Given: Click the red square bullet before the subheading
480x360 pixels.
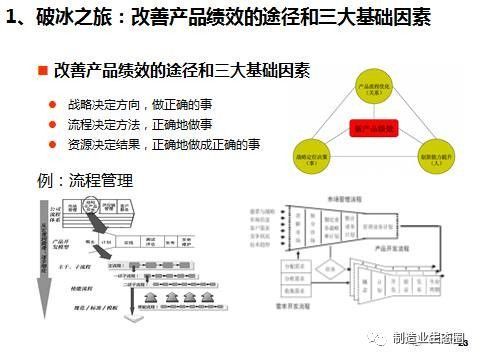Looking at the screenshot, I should point(43,71).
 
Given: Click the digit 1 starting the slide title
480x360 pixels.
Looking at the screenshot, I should point(11,19).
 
